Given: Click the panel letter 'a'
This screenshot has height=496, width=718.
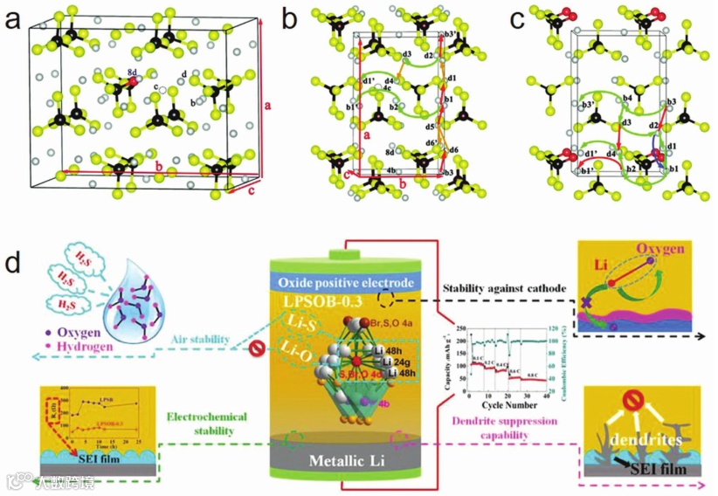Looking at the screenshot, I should pos(14,23).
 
